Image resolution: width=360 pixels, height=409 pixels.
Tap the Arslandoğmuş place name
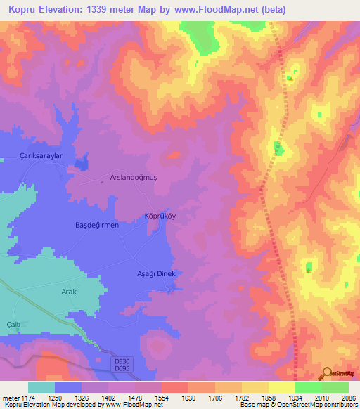click(134, 178)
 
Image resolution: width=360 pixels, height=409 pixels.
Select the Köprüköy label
click(160, 216)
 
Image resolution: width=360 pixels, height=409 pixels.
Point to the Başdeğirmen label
click(97, 225)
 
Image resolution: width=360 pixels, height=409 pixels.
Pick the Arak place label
click(68, 292)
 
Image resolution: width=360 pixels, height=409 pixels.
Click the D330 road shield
click(122, 360)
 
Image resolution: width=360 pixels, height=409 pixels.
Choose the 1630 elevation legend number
click(174, 398)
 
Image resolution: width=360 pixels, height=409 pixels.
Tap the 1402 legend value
click(95, 398)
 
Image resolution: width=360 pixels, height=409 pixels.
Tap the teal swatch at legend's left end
click(41, 387)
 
